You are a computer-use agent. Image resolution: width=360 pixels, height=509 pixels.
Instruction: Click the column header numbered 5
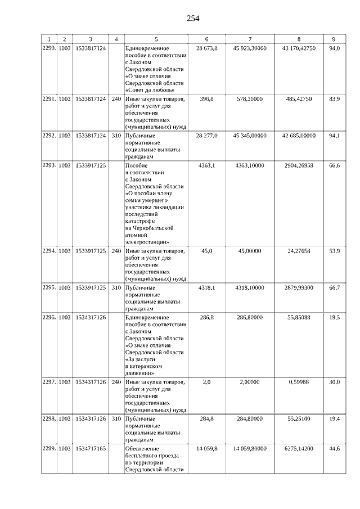156,39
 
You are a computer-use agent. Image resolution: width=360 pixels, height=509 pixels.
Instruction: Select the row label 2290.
49,49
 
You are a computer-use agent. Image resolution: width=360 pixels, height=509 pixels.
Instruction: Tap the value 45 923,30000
249,49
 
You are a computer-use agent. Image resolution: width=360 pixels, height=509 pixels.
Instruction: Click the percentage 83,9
334,99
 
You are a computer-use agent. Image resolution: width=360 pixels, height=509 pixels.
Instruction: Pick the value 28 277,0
206,136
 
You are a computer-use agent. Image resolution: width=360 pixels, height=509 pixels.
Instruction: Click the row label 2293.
49,166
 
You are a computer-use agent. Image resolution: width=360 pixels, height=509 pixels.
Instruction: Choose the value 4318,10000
249,287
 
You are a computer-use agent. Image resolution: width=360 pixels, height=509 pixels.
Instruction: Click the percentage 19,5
334,318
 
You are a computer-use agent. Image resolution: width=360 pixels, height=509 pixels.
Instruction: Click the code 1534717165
91,448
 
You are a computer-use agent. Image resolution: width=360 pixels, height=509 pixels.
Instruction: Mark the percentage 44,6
334,448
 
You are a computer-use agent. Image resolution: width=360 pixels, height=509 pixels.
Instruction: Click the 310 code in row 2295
116,287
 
